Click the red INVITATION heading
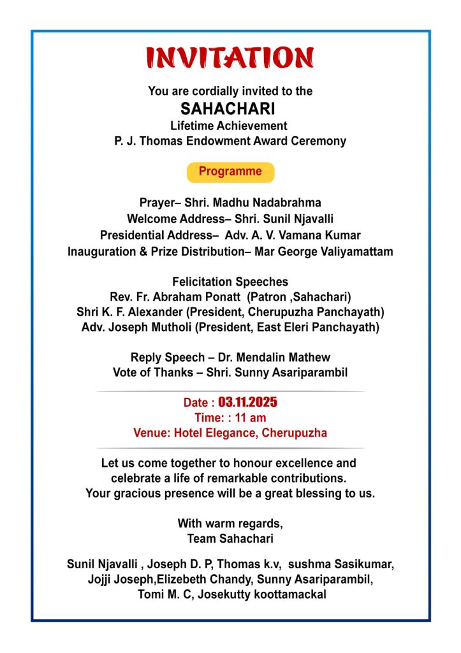point(230,58)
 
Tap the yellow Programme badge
point(230,172)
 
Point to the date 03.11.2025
point(248,402)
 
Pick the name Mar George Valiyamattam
point(323,251)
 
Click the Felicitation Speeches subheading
point(230,282)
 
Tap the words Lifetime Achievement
point(229,126)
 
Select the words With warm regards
point(230,524)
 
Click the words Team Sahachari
point(230,539)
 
